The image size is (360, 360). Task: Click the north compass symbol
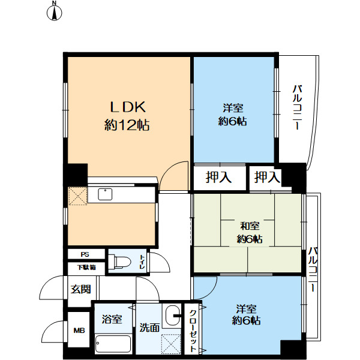(x=55, y=11)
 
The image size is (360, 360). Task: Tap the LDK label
(x=128, y=107)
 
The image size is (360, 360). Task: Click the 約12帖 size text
(x=127, y=125)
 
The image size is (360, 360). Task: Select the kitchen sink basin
(x=105, y=194)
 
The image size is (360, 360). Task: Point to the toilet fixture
(x=119, y=261)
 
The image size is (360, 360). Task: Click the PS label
(x=85, y=254)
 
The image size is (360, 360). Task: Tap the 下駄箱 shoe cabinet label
(x=86, y=268)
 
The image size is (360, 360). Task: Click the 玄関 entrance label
(x=80, y=289)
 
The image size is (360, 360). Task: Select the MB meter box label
(x=79, y=331)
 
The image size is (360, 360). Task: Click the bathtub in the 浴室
(x=113, y=344)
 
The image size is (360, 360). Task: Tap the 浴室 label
(x=112, y=319)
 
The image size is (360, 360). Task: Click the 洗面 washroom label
(x=149, y=328)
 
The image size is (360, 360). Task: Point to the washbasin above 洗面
(x=172, y=316)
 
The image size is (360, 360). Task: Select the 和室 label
(x=250, y=226)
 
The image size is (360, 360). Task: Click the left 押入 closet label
(x=218, y=177)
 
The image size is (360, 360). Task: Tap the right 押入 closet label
(x=267, y=177)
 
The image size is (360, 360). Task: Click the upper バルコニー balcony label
(x=297, y=107)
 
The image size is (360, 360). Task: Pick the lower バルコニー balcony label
(x=313, y=269)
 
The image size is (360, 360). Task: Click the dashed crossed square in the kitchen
(x=78, y=196)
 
